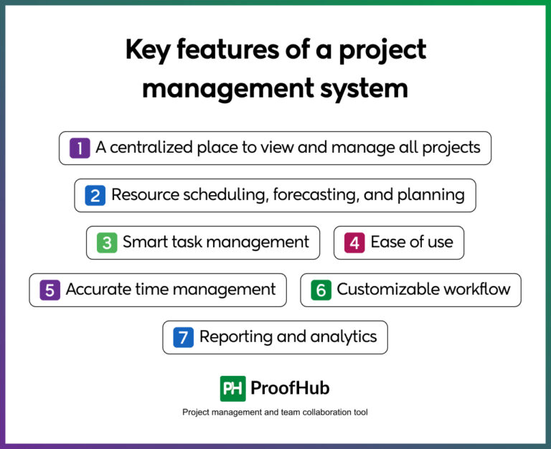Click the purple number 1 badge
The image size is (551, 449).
pyautogui.click(x=80, y=148)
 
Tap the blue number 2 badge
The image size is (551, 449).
pyautogui.click(x=95, y=195)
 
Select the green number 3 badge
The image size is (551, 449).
pyautogui.click(x=107, y=242)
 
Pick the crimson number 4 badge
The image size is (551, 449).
pyautogui.click(x=354, y=242)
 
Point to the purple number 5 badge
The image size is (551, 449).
pyautogui.click(x=50, y=290)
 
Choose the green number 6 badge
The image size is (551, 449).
pyautogui.click(x=321, y=290)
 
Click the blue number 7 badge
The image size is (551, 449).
pyautogui.click(x=184, y=337)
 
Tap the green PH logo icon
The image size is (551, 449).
pyautogui.click(x=232, y=388)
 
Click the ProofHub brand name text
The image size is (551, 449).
pyautogui.click(x=290, y=389)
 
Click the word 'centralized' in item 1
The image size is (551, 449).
pyautogui.click(x=154, y=148)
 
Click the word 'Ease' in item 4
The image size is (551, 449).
pyautogui.click(x=386, y=242)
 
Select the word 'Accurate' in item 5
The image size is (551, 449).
pyautogui.click(x=98, y=290)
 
